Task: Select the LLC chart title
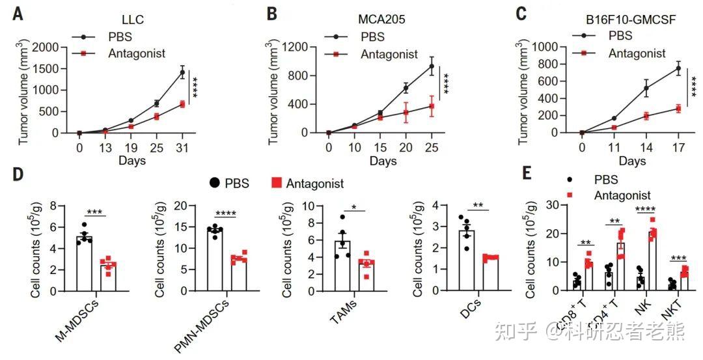tap(132, 20)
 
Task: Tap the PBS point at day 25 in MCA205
tap(431, 66)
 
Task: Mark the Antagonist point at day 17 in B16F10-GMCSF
tap(678, 108)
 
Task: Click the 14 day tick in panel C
tap(646, 148)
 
